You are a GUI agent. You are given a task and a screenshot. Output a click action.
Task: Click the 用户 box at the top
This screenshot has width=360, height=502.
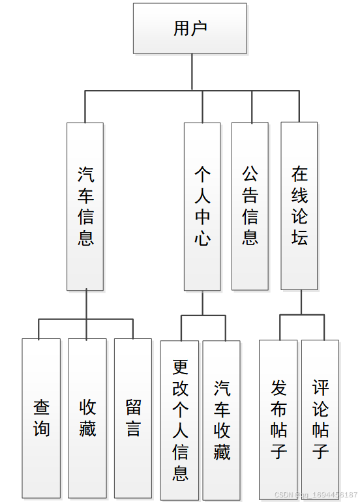(x=190, y=29)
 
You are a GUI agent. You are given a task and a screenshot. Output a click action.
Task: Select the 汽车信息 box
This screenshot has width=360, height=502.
(x=85, y=206)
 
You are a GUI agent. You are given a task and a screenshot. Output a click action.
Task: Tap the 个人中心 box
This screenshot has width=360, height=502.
(x=202, y=206)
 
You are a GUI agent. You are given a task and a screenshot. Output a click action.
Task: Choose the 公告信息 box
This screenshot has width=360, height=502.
(x=250, y=206)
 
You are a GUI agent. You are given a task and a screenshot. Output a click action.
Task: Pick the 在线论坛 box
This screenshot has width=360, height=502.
(x=299, y=206)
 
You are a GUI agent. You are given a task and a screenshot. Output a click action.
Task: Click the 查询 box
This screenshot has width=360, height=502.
(x=41, y=419)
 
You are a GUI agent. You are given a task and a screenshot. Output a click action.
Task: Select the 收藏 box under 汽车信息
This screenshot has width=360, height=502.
(x=87, y=419)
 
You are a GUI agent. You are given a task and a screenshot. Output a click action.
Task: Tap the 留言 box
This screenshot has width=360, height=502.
(x=133, y=419)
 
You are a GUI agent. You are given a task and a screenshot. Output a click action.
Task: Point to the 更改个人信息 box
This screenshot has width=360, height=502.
(x=180, y=420)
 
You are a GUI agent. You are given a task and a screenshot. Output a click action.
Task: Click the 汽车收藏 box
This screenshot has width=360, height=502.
(x=222, y=420)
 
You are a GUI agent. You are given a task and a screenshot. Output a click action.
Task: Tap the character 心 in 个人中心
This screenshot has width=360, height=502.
(x=202, y=238)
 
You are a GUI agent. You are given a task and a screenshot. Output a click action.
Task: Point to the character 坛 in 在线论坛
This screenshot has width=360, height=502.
(x=299, y=238)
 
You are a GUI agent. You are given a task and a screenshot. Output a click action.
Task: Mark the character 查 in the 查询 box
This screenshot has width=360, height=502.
(x=41, y=408)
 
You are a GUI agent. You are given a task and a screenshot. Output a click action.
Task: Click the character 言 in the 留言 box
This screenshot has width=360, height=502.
(x=133, y=430)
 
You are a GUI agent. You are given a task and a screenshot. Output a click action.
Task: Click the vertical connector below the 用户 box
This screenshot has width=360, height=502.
(x=192, y=72)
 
